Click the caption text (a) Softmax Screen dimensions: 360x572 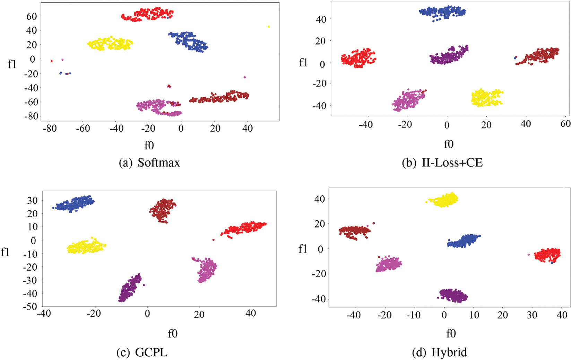[149, 163]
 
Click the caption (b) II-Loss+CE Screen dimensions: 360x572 [442, 163]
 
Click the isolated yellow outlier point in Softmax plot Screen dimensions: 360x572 [268, 26]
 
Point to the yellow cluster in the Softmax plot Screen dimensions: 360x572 [110, 44]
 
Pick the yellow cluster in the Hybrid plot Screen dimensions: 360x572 [444, 200]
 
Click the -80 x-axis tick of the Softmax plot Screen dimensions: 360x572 [49, 129]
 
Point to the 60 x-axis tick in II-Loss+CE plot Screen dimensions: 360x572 [565, 124]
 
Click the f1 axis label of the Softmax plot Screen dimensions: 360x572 [12, 64]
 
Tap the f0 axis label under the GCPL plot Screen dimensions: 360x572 [173, 333]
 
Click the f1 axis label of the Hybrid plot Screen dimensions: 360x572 [303, 249]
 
